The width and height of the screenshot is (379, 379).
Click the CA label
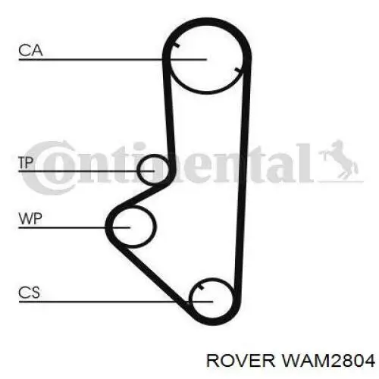point(30,50)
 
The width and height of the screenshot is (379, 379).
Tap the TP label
point(26,162)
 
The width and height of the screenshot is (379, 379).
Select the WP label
point(30,218)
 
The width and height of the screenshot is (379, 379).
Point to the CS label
point(29,293)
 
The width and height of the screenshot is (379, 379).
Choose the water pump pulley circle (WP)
point(155,227)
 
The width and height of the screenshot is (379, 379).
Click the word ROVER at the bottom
point(240,361)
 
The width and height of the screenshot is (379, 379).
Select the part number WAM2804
point(327,361)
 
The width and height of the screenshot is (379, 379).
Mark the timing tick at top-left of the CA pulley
point(177,45)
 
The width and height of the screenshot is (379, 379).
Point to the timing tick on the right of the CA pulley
point(238,70)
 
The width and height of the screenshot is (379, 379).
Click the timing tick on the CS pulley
point(201,287)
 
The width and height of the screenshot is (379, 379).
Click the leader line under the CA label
point(113,60)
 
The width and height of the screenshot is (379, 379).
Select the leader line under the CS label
point(116,302)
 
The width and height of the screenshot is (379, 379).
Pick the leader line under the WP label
point(74,227)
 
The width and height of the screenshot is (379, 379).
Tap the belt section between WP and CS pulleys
point(154,274)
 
